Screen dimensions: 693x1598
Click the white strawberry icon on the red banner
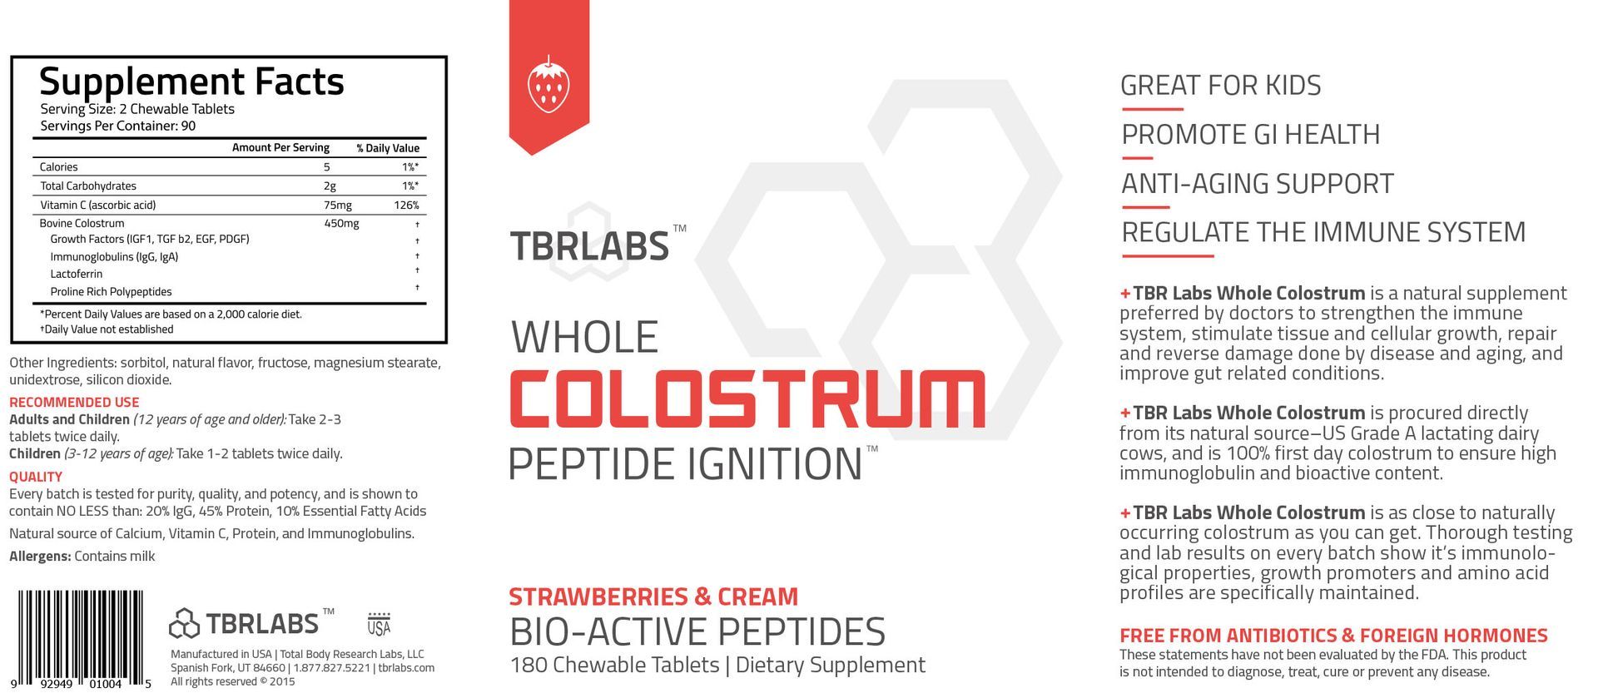click(x=548, y=84)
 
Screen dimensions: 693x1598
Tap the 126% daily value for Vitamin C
click(x=406, y=205)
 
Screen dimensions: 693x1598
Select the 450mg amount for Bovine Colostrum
click(x=341, y=223)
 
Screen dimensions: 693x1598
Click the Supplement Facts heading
click(x=191, y=82)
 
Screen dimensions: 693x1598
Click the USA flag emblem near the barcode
click(x=379, y=624)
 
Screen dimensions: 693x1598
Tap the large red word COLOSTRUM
click(x=747, y=401)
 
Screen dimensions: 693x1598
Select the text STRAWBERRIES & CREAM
click(x=653, y=596)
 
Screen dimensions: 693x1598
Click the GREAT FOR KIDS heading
click(x=1220, y=85)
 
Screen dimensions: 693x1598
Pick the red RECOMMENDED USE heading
click(x=74, y=402)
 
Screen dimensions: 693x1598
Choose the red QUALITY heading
click(x=36, y=477)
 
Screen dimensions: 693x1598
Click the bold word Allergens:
click(x=40, y=556)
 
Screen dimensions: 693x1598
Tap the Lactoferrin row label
click(x=77, y=274)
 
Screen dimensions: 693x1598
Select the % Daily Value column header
click(x=388, y=148)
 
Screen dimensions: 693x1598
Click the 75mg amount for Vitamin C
click(x=338, y=205)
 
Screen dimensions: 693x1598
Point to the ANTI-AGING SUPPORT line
click(x=1257, y=183)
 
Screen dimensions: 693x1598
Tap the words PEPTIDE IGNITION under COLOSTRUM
click(x=684, y=464)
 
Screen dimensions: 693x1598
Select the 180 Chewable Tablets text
click(x=614, y=665)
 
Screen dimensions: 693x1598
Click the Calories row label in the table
click(x=58, y=167)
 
